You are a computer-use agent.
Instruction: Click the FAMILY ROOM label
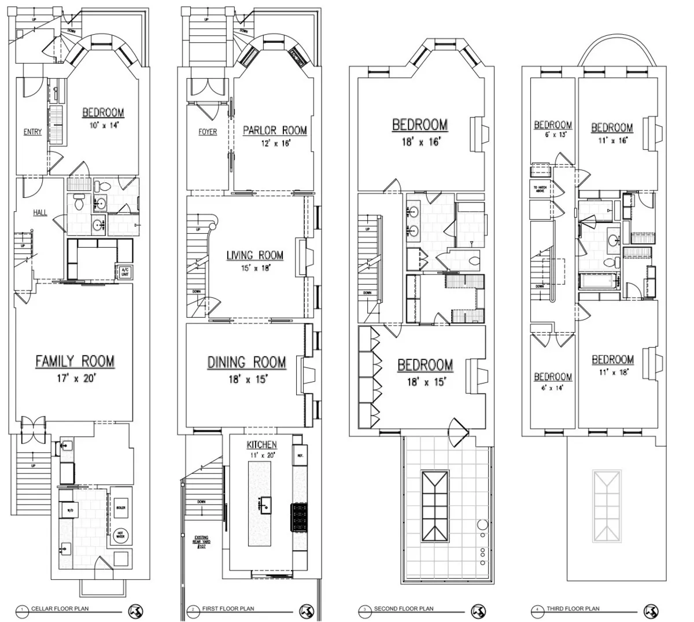click(x=75, y=362)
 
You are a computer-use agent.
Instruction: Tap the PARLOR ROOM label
click(x=275, y=130)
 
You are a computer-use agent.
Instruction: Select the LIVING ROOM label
click(x=254, y=255)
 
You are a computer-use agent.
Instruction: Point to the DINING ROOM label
click(x=247, y=363)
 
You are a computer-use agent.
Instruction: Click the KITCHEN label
click(x=261, y=444)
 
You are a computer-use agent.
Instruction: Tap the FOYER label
click(x=208, y=132)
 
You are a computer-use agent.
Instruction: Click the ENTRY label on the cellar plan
click(x=33, y=132)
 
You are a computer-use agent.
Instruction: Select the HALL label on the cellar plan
click(x=40, y=213)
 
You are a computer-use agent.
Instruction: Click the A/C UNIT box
click(x=124, y=271)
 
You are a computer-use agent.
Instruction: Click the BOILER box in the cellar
click(x=121, y=507)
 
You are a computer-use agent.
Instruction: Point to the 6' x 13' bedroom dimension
click(x=553, y=134)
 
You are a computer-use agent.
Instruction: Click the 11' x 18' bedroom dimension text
click(x=612, y=373)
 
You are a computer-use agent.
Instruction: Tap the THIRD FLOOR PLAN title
click(x=573, y=609)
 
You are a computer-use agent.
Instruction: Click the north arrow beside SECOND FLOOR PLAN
click(x=478, y=610)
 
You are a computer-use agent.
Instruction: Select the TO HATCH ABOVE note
click(x=540, y=189)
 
